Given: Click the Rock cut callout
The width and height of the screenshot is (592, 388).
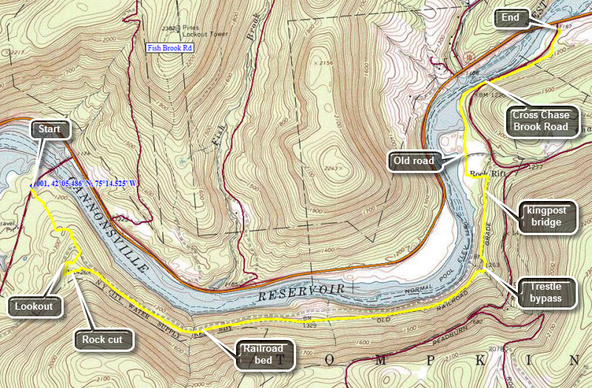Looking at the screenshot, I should tap(104, 340).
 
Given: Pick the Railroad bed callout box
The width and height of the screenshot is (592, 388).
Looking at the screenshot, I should tap(264, 355).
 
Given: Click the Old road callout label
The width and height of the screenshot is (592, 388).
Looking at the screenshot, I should tap(414, 160).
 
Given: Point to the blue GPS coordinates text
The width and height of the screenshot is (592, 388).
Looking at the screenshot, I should tap(87, 183).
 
